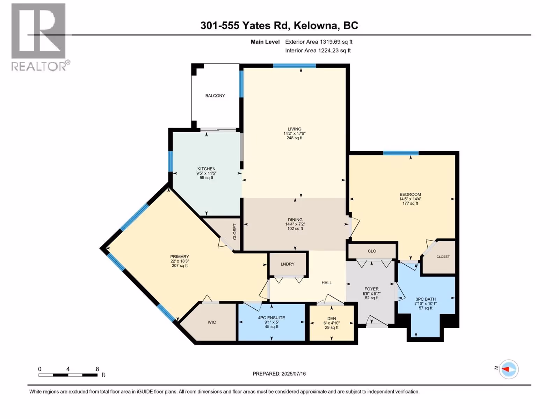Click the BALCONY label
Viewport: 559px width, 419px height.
tap(215, 96)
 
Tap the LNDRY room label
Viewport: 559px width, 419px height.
tap(288, 264)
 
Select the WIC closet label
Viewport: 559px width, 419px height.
tap(212, 322)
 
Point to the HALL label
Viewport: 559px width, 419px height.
tap(326, 282)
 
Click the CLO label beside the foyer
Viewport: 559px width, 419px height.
tap(372, 251)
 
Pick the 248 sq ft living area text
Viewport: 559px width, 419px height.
tap(295, 138)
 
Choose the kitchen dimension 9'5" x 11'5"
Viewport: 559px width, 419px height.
tap(206, 173)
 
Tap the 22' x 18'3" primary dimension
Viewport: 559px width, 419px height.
tap(180, 261)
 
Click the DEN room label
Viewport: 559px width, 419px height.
tap(332, 318)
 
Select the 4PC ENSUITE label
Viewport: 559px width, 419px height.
tap(271, 318)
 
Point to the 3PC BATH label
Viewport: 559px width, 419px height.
tap(426, 299)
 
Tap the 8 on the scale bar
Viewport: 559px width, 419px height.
tap(97, 369)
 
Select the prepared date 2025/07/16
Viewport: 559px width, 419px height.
tap(293, 374)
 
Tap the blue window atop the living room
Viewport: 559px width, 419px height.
tap(295, 66)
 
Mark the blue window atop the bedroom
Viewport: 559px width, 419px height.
tap(401, 153)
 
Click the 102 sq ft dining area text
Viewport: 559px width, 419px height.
tap(295, 228)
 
